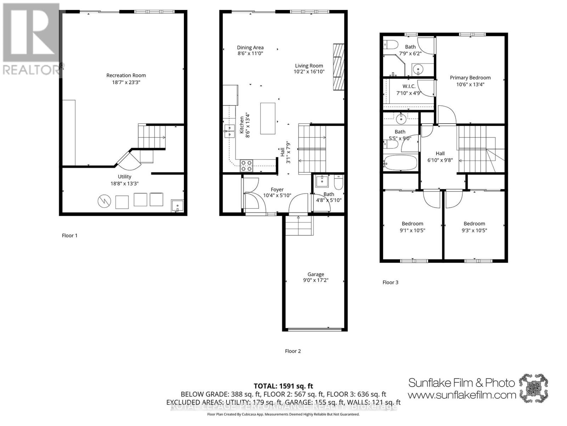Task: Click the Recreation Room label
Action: [x=126, y=75]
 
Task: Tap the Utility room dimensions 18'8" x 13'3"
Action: [x=124, y=184]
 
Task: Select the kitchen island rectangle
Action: [x=268, y=118]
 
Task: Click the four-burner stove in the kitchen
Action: [x=246, y=166]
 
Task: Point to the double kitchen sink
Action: [x=229, y=131]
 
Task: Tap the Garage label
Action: [x=315, y=274]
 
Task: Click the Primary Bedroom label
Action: [x=470, y=77]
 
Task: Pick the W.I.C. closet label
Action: [x=409, y=86]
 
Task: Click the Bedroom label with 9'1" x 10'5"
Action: [x=412, y=223]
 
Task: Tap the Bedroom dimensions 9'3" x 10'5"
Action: [x=474, y=230]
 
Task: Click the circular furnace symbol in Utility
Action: [x=104, y=201]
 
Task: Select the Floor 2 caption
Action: [x=293, y=351]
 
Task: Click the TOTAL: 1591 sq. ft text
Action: [x=283, y=386]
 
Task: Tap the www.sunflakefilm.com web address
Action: [x=461, y=394]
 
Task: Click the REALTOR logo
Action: [x=32, y=39]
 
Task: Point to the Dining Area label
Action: [x=250, y=47]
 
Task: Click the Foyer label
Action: [x=277, y=190]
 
